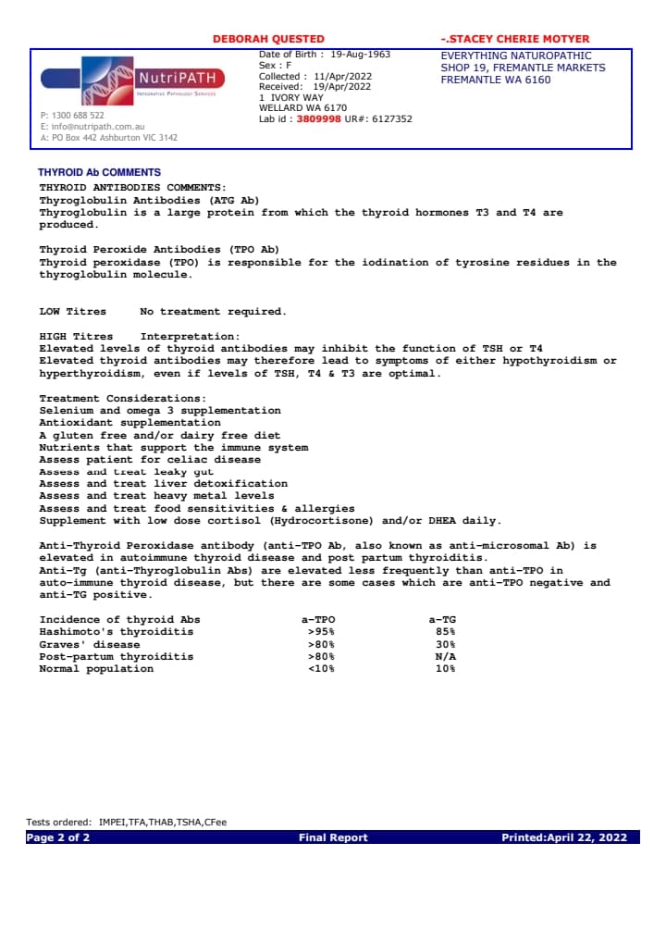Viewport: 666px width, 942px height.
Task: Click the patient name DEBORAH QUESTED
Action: coord(268,39)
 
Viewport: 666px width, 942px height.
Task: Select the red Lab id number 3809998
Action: coord(318,119)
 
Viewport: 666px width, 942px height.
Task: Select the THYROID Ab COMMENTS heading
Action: coord(99,173)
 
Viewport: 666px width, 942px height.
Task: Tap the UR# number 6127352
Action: coord(392,119)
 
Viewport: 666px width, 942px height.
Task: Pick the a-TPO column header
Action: coord(319,619)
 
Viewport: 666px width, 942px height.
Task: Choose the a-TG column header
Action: coord(442,619)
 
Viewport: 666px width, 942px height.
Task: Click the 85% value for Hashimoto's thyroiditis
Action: coord(445,632)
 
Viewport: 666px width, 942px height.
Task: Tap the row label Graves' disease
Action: coord(90,644)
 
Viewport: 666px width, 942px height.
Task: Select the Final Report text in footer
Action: coord(333,837)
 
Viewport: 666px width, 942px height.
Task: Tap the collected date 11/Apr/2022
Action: coord(343,76)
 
